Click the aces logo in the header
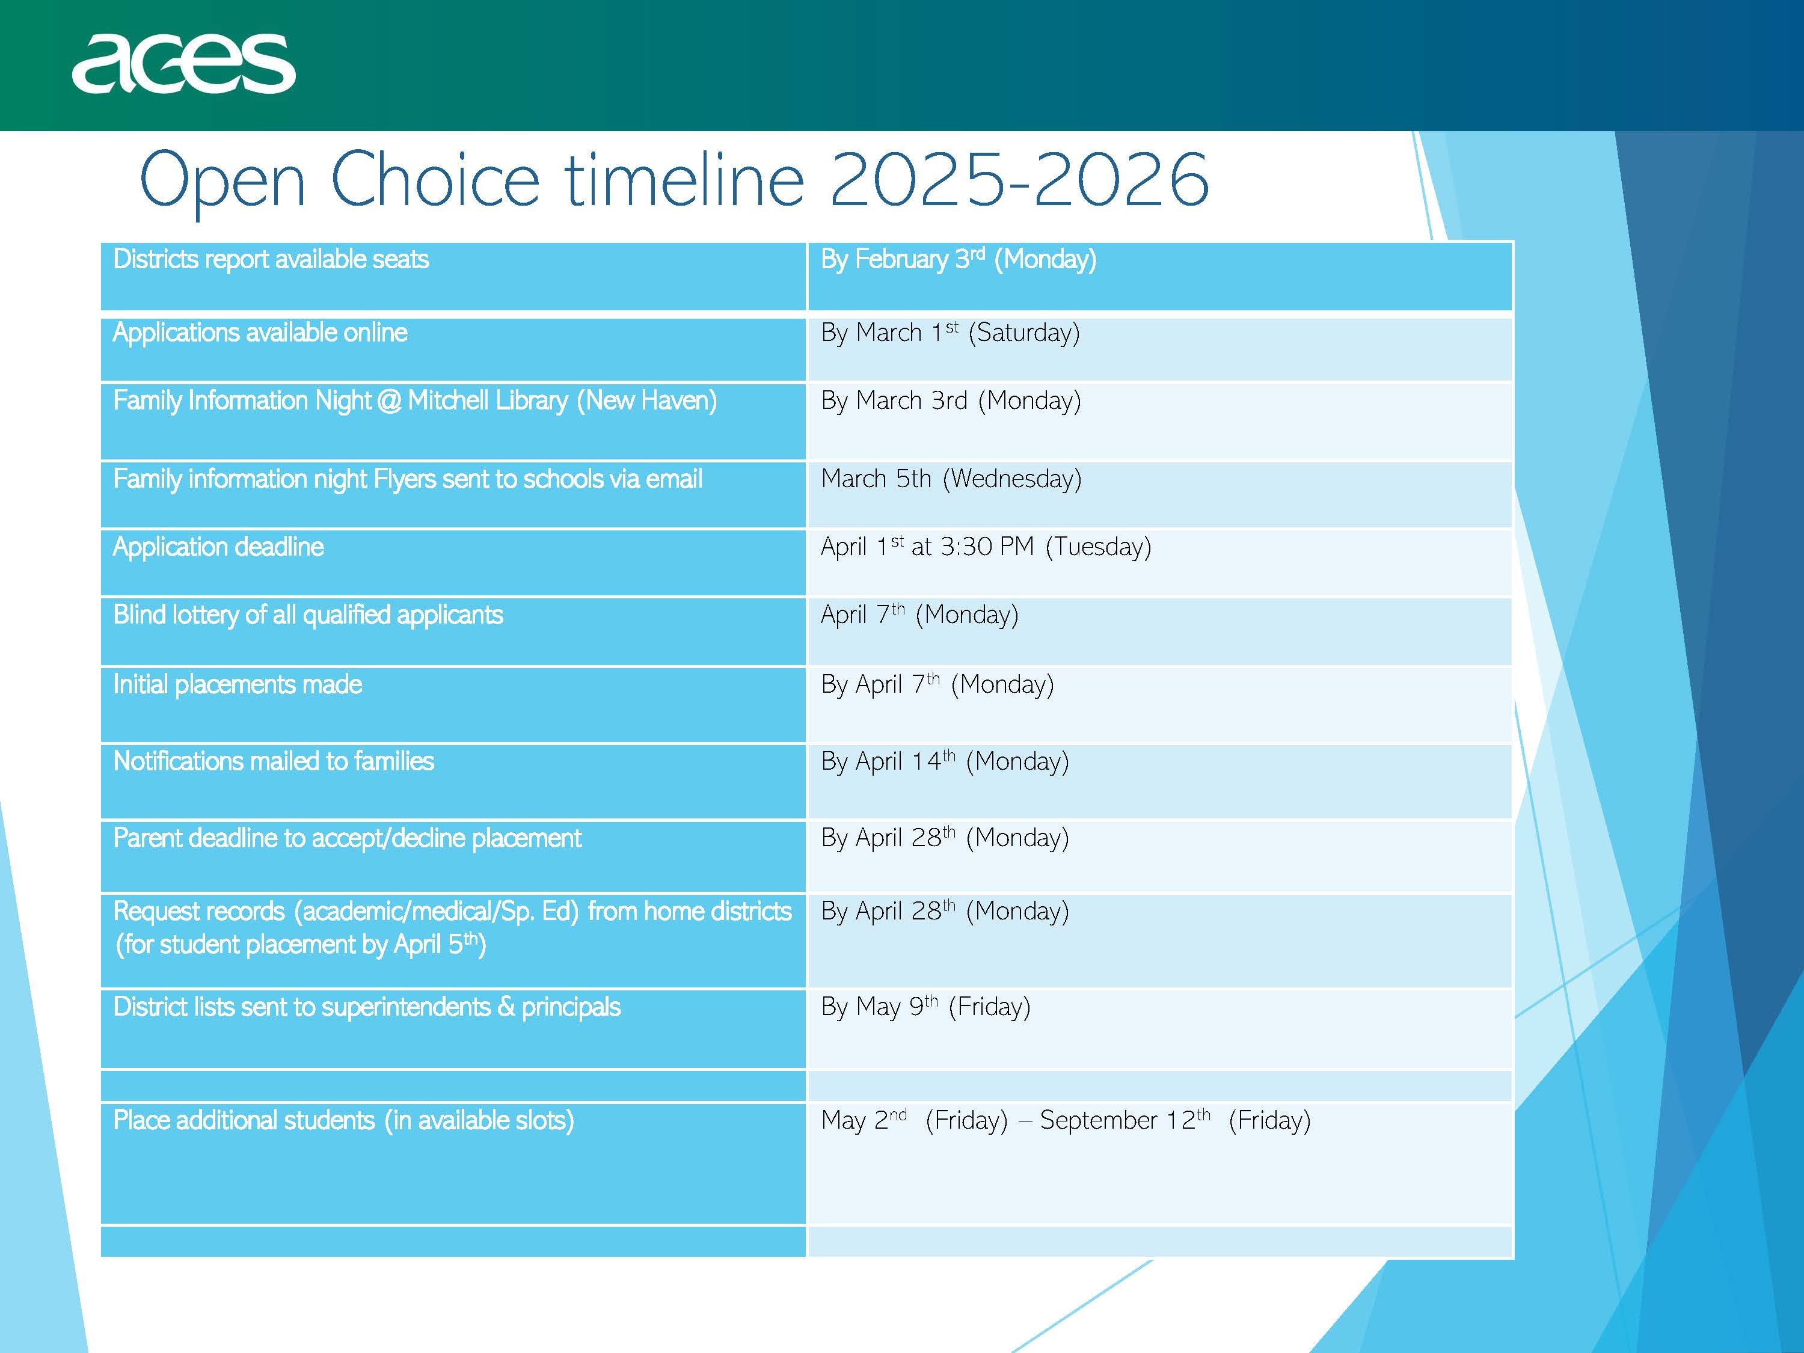(183, 64)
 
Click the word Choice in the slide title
(435, 179)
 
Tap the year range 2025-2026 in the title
(1019, 179)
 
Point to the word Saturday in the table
(1023, 333)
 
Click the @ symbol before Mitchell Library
(389, 401)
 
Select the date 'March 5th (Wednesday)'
(951, 479)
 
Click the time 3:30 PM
(987, 547)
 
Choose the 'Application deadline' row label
(218, 547)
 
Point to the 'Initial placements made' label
(238, 684)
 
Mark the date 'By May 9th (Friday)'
(925, 1007)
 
